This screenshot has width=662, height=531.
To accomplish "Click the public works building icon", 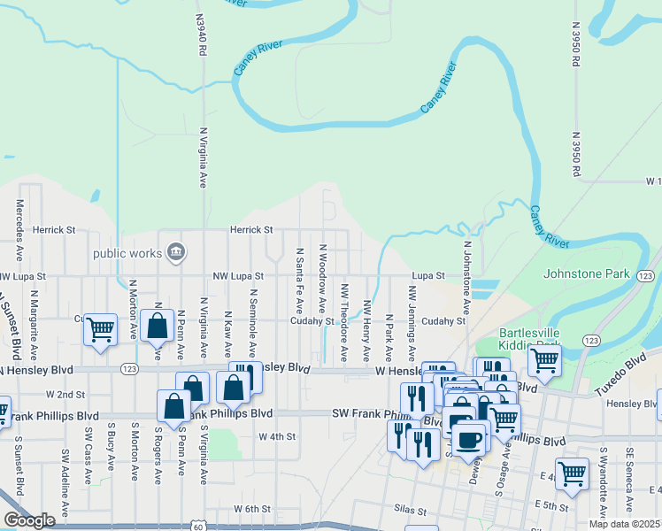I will [175, 253].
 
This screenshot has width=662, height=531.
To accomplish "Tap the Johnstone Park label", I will [586, 273].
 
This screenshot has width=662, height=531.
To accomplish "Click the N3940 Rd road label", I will [202, 35].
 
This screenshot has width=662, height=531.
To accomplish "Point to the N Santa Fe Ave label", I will [300, 281].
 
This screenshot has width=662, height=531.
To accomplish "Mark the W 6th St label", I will [250, 509].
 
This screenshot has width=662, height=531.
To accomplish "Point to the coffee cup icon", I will [470, 437].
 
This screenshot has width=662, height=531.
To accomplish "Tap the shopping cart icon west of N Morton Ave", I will [101, 329].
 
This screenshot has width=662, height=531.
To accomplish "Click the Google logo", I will [29, 519].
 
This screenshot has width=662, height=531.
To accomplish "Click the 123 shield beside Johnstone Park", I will [645, 276].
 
